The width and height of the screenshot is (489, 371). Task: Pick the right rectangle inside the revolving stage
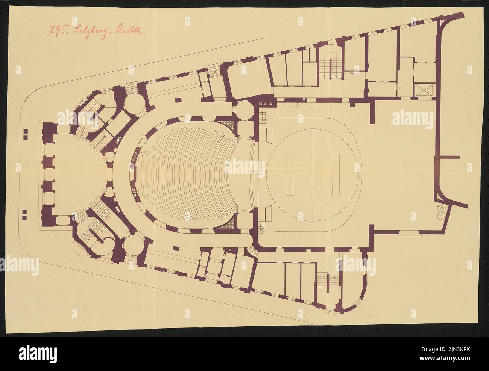336,175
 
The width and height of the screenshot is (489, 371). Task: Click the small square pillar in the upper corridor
178,100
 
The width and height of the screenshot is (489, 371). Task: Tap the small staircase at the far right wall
441,213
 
